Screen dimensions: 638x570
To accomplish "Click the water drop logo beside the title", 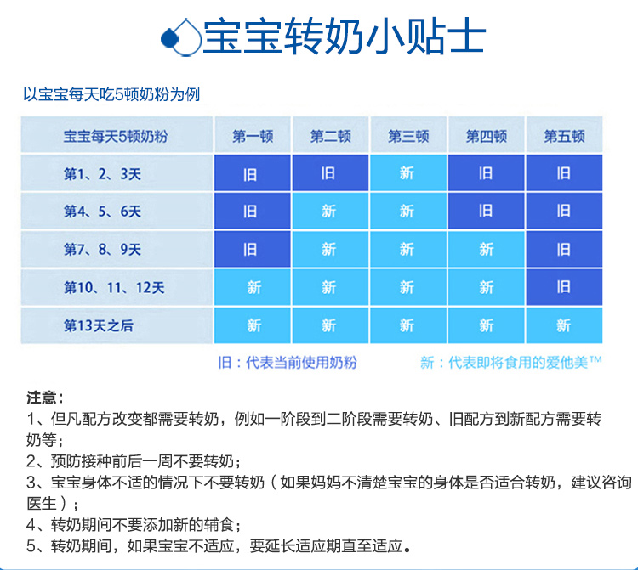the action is pos(181,37).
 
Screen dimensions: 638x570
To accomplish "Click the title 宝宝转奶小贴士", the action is pos(345,37).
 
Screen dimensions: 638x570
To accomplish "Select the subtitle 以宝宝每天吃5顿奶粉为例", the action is pos(111,94).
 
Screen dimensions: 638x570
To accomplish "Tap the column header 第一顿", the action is pos(253,136).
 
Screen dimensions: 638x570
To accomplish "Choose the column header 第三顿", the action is pos(408,136).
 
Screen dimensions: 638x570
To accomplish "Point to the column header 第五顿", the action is pos(564,136).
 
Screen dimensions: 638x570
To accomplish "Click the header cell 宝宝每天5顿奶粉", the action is pos(116,136).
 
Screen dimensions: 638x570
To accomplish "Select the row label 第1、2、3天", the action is pos(103,174).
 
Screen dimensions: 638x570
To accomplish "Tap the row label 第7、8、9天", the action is pos(103,249).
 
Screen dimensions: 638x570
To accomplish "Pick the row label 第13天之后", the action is pos(99,325).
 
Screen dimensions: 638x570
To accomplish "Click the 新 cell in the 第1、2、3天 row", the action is pos(408,172).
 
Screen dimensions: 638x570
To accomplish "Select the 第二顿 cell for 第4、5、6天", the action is pos(330,211).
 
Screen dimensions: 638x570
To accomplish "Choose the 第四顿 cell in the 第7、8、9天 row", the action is pos(487,249).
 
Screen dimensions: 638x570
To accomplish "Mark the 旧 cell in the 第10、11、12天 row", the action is pos(564,287).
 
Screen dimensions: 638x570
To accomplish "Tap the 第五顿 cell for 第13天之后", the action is pos(564,325).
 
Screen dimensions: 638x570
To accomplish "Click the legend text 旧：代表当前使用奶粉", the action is pos(288,362).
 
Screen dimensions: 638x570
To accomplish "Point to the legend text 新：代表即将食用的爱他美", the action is pos(510,362).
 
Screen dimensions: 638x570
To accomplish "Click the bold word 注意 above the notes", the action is pos(45,398).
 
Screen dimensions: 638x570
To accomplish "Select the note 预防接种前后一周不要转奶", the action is pos(134,461).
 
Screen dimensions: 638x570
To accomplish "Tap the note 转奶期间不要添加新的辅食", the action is pos(134,524).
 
